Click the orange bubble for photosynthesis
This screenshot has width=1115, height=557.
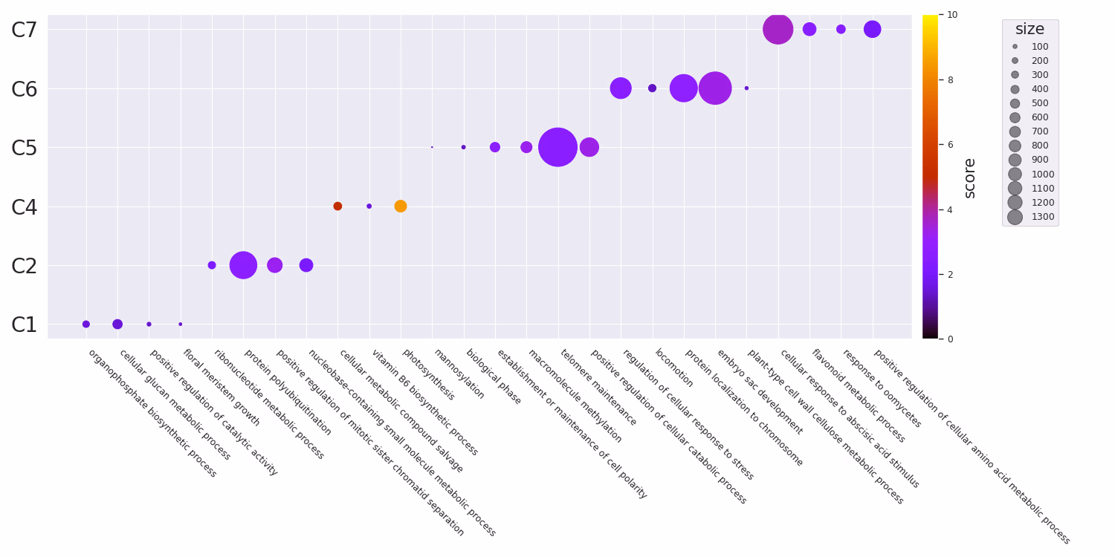point(401,206)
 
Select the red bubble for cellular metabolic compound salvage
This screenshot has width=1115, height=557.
point(337,206)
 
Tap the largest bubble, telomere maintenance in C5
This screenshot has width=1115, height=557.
point(557,147)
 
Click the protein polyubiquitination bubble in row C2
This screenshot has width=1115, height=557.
point(243,265)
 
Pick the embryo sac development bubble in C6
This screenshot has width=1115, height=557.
point(715,88)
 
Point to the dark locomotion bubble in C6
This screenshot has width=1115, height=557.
point(652,88)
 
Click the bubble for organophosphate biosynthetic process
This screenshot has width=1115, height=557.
point(86,324)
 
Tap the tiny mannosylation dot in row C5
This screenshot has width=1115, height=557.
point(432,147)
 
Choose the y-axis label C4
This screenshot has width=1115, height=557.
point(24,207)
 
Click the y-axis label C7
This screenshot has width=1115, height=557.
point(24,30)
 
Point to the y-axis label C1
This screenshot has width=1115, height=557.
point(24,325)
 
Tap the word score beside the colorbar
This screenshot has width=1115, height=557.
point(969,177)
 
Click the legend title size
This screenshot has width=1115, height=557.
point(1030,30)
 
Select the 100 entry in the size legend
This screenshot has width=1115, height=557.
point(1039,47)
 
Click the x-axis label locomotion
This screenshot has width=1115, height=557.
point(673,368)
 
